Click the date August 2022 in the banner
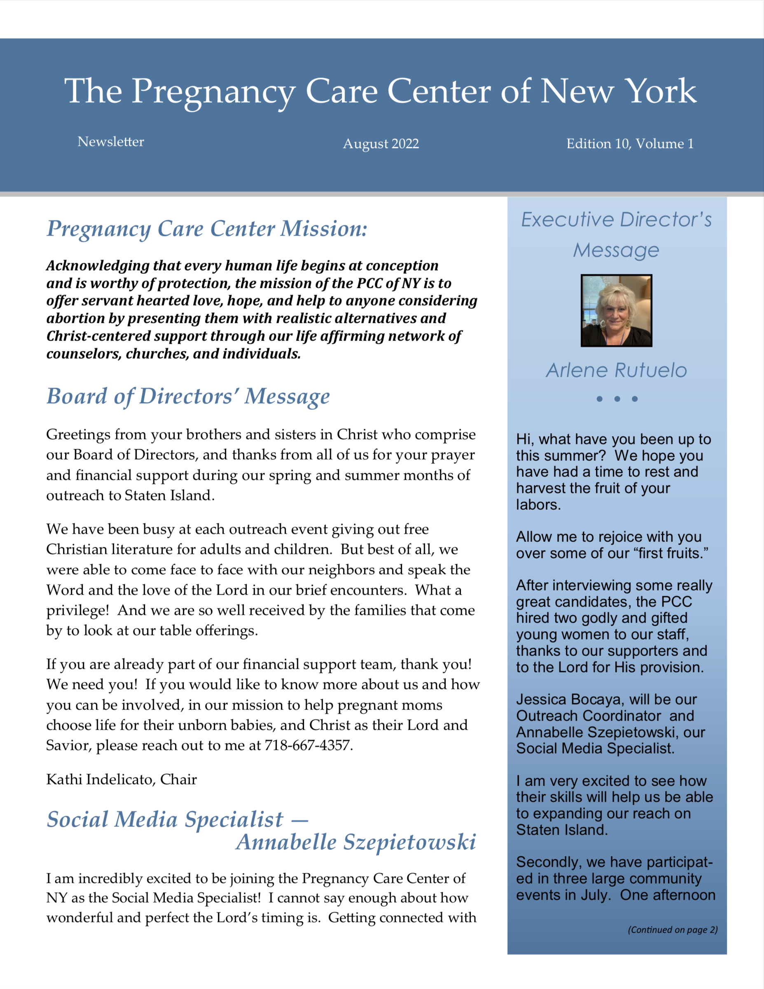click(x=381, y=144)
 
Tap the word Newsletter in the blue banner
click(x=110, y=142)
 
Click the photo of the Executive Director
click(x=617, y=310)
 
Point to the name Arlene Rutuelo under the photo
click(x=617, y=371)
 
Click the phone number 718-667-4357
click(x=308, y=745)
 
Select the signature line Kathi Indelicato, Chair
click(x=121, y=779)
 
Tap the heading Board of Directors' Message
click(x=188, y=396)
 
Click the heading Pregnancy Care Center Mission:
click(x=206, y=228)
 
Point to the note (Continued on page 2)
click(x=673, y=930)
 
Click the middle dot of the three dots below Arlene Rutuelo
click(x=617, y=399)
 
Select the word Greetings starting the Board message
click(x=78, y=435)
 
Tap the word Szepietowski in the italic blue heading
click(x=409, y=842)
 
